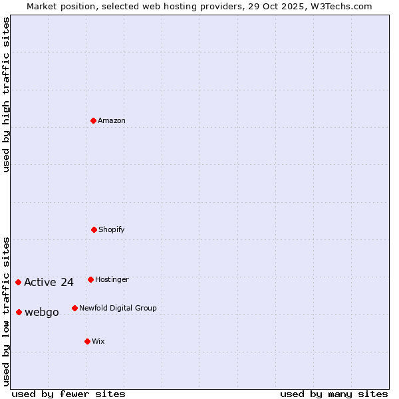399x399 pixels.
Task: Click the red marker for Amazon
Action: pos(94,120)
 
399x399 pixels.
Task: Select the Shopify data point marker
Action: pos(94,229)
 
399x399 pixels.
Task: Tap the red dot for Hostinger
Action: pos(90,279)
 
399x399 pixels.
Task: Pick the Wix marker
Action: pos(87,341)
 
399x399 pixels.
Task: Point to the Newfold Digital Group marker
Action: pos(74,308)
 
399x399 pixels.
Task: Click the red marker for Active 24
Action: pos(18,282)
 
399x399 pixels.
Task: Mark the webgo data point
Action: pos(19,312)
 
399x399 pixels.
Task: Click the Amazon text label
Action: pos(112,120)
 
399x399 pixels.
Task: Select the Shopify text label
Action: pos(112,229)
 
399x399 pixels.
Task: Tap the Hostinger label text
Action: pos(112,279)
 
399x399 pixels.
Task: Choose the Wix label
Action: pos(98,341)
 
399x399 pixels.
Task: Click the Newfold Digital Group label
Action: pos(118,308)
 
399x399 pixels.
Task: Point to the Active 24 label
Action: pos(49,282)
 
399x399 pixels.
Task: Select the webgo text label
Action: pos(42,312)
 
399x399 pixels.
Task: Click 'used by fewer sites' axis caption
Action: pos(68,394)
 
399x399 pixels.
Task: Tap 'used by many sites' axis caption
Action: pos(334,394)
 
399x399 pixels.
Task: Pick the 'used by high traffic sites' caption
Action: pos(7,94)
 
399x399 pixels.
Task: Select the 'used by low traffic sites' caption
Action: pos(7,311)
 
